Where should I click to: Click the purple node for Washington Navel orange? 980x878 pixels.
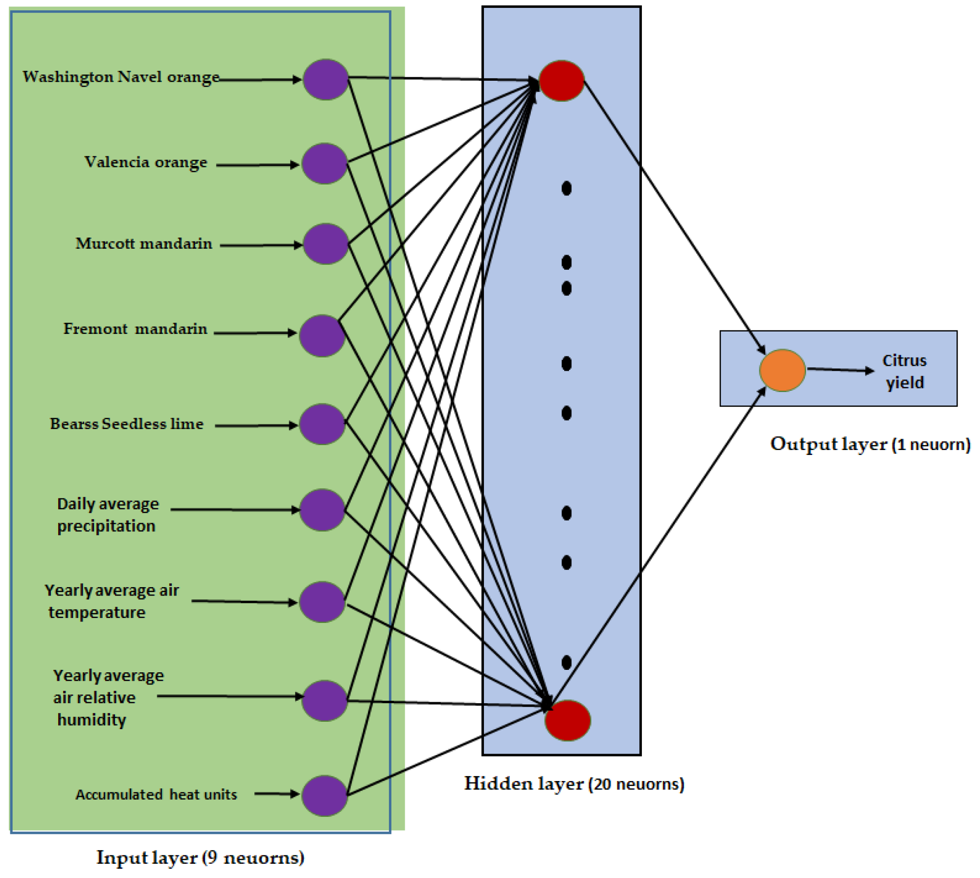tap(325, 80)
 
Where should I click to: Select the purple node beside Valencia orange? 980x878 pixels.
tap(324, 164)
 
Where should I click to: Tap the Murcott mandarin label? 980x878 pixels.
tap(144, 243)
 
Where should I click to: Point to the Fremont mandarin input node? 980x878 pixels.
tap(322, 335)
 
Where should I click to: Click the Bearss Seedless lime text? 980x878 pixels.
tap(126, 424)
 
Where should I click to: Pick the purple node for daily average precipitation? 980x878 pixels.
tap(322, 510)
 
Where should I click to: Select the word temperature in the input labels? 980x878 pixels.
tap(97, 612)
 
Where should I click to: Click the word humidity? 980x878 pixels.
tap(91, 719)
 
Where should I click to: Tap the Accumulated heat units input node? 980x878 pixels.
tap(324, 795)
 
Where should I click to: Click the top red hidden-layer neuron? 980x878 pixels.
tap(561, 81)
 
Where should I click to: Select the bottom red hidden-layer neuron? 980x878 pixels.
tap(567, 720)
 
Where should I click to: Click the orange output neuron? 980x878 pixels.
tap(782, 370)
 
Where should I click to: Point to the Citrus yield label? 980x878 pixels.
tap(904, 371)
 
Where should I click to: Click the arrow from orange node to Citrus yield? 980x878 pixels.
tap(840, 370)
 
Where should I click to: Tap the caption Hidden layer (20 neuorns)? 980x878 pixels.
tap(573, 783)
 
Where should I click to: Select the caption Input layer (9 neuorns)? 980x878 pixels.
tap(200, 857)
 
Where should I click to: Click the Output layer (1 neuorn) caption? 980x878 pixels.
tap(870, 444)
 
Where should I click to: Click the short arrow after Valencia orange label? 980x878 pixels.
tap(257, 165)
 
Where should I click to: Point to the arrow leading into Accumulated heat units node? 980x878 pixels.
tap(276, 793)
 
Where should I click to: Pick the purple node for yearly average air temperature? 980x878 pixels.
tap(322, 602)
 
